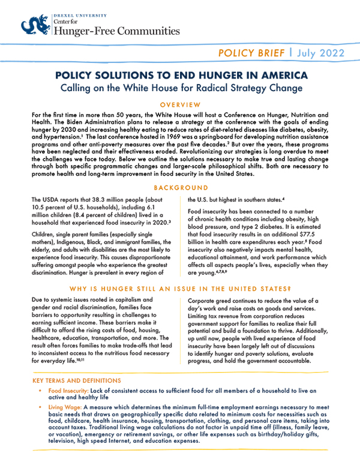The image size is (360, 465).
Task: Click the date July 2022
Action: click(x=328, y=53)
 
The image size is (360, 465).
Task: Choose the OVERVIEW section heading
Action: click(x=179, y=104)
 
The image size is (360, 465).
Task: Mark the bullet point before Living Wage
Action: click(x=41, y=407)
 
